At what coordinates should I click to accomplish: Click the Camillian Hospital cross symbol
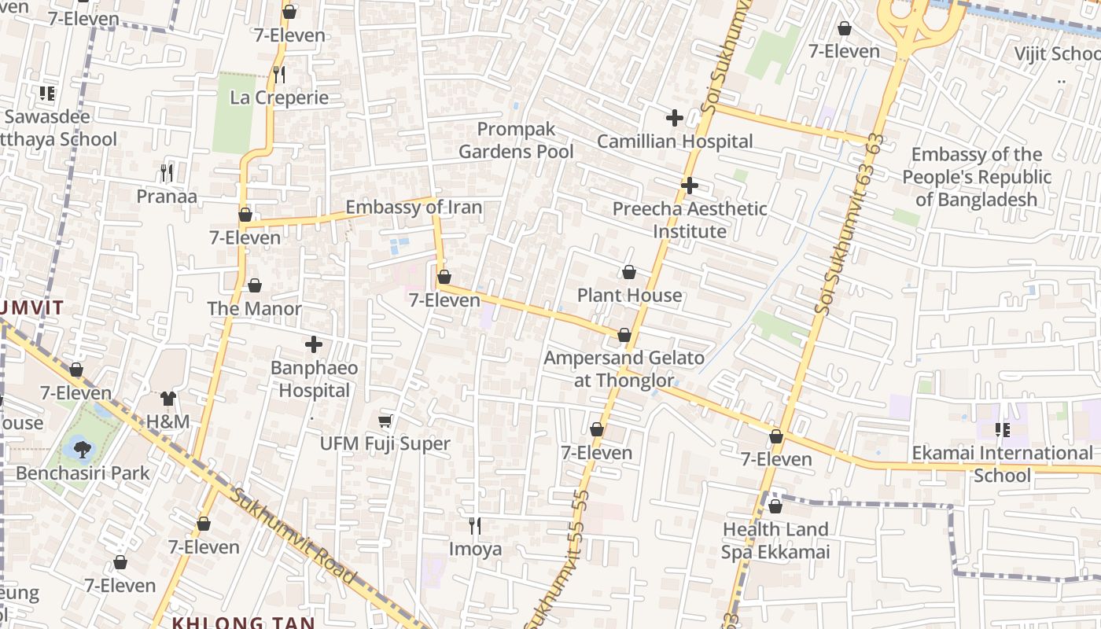[674, 119]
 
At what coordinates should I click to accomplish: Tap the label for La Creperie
[279, 97]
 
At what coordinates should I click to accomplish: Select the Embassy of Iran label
[414, 208]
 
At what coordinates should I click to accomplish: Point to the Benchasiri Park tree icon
[82, 450]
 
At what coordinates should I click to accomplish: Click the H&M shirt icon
[168, 399]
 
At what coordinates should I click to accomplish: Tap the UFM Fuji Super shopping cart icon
[385, 421]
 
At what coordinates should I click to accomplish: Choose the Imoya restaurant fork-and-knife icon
[475, 525]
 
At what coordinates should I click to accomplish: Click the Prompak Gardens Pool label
[516, 140]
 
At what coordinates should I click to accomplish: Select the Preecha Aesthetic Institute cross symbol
[690, 186]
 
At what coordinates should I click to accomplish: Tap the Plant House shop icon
[629, 273]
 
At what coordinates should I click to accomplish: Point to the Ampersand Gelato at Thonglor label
[624, 369]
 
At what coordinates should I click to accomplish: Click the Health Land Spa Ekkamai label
[775, 540]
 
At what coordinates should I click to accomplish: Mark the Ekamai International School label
[1002, 464]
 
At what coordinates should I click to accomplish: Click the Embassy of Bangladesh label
[977, 177]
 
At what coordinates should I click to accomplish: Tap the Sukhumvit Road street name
[295, 535]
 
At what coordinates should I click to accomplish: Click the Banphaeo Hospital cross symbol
[314, 344]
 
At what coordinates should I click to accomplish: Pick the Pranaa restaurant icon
[166, 172]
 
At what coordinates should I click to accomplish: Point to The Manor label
[254, 308]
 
